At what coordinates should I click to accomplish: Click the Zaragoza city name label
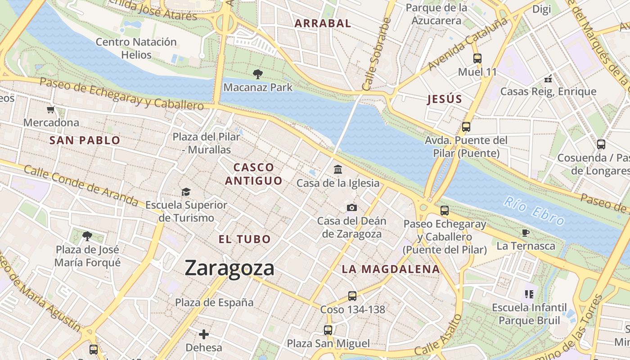point(229,268)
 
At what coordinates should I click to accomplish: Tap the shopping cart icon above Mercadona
point(51,110)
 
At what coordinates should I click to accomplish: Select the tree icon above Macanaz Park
point(258,74)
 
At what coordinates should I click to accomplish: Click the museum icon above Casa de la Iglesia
point(338,170)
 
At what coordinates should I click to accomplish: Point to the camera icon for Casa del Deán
point(352,207)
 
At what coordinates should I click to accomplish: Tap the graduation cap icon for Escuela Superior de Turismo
point(186,192)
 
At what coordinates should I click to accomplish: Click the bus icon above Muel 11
point(477,58)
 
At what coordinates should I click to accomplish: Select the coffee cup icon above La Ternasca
point(525,233)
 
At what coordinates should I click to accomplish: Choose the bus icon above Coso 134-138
point(352,296)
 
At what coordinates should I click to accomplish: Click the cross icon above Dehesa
point(204,334)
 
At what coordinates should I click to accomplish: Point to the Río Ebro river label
point(534,211)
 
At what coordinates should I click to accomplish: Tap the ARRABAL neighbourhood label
point(323,23)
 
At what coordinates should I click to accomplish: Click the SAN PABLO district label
point(85,140)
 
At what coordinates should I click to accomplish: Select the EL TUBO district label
point(245,239)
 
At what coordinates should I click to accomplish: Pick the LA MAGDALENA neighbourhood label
point(391,269)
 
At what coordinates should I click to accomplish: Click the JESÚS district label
point(445,99)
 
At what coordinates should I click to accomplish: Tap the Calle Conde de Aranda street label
point(81,185)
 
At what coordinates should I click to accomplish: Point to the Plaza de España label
point(214,302)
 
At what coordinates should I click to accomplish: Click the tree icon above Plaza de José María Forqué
point(87,236)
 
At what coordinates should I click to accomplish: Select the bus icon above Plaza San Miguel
point(328,330)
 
